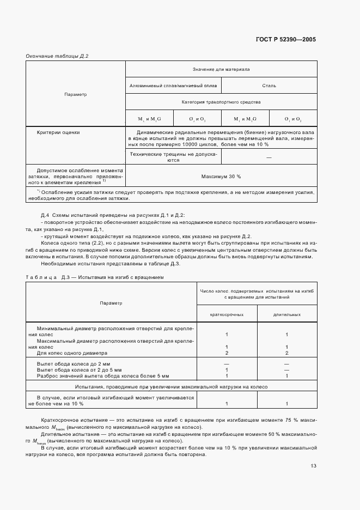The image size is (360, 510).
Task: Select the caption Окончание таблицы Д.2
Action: tap(57, 56)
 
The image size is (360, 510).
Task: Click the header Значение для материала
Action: tap(221, 69)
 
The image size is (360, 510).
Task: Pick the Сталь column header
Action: tap(269, 86)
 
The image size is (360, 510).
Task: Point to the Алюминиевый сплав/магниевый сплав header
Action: tap(173, 86)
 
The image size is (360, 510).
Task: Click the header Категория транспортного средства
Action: tap(221, 102)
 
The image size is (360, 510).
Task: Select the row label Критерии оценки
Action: tap(58, 132)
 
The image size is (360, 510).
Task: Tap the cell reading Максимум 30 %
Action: tap(221, 177)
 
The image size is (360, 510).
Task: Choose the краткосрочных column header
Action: tap(227, 314)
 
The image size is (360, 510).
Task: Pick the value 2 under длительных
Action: tap(286, 353)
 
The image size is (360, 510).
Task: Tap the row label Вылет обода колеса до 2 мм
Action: tap(69, 363)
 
